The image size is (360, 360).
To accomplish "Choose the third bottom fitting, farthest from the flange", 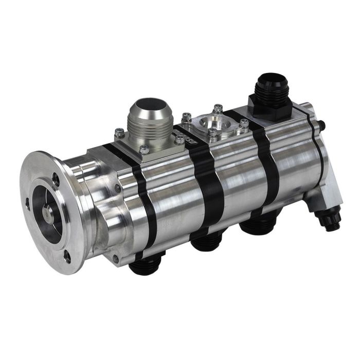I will coord(260,226).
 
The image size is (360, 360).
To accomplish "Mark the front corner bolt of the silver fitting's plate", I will coord(145,150).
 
